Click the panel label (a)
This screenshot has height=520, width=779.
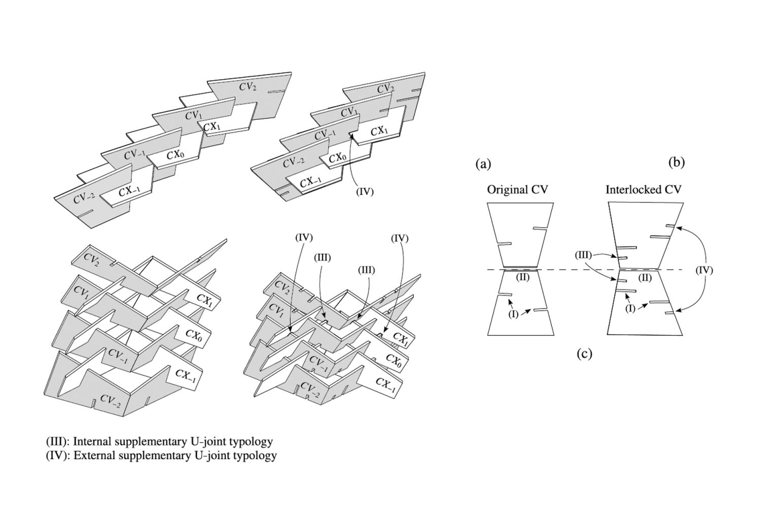(x=483, y=164)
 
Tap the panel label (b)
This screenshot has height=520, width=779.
(x=677, y=162)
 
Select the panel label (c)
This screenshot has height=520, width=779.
(x=584, y=353)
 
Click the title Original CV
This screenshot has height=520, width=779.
(x=517, y=190)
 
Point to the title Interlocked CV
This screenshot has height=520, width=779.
(x=643, y=189)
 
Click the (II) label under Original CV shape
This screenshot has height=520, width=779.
(x=522, y=277)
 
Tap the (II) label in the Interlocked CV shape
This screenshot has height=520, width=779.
(x=645, y=278)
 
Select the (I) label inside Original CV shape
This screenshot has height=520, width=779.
(x=514, y=314)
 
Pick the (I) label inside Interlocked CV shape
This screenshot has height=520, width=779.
(x=630, y=308)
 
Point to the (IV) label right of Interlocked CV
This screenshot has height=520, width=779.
(x=703, y=270)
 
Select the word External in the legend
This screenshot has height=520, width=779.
(x=92, y=455)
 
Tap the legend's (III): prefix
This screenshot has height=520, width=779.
(x=58, y=441)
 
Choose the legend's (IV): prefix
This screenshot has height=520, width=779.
(x=58, y=455)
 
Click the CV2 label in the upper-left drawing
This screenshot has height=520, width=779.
(x=247, y=87)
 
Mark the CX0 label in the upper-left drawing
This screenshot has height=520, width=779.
(x=174, y=154)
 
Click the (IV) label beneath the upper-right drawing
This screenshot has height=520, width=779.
(x=364, y=192)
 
